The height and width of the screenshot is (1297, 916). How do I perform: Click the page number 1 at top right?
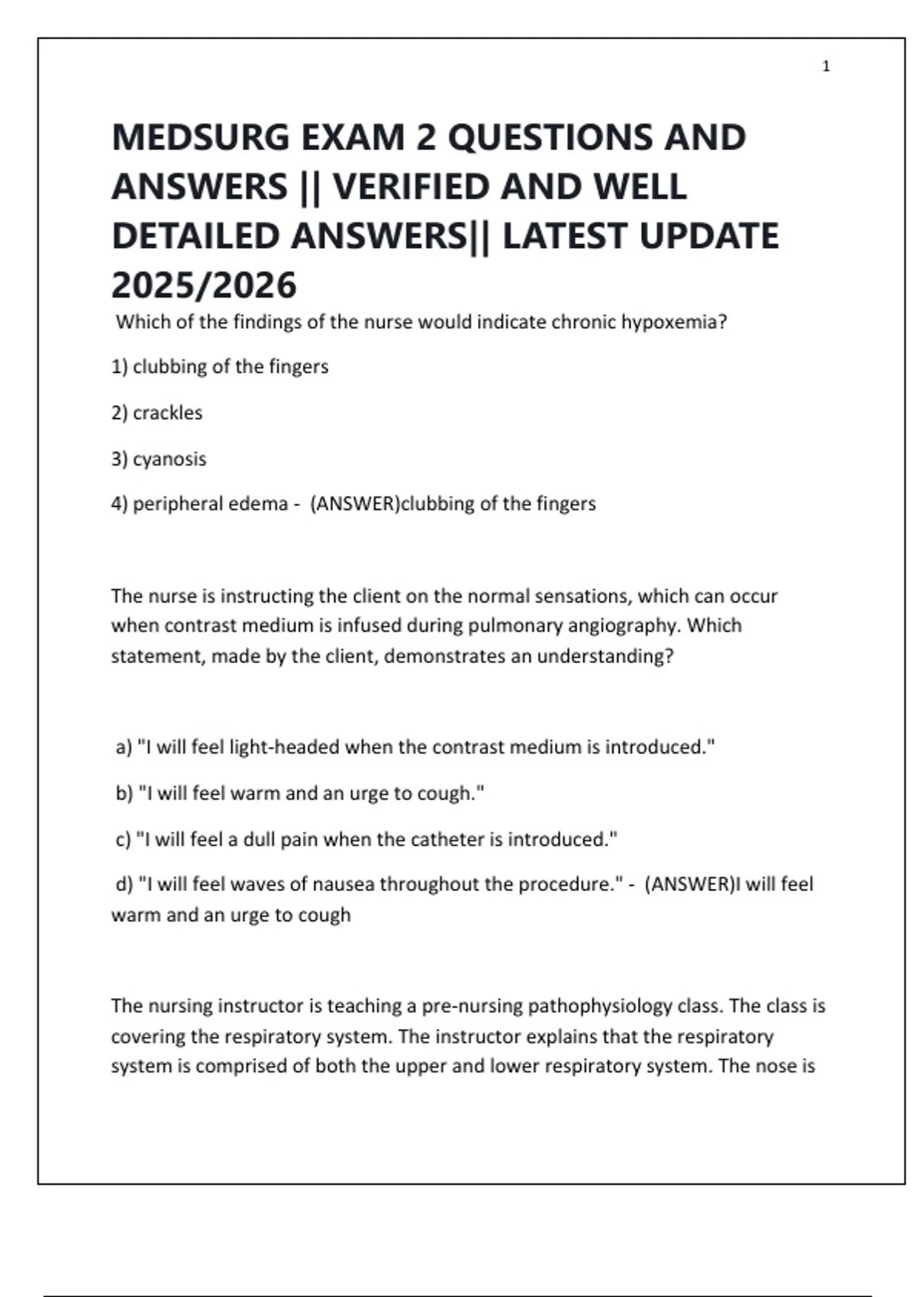(826, 66)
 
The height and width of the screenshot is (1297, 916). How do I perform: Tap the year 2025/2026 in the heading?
(204, 285)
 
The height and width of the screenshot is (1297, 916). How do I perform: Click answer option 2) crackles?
(156, 413)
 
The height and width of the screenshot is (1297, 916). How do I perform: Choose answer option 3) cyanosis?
(159, 459)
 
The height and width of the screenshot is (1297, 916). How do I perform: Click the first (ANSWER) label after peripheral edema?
(355, 504)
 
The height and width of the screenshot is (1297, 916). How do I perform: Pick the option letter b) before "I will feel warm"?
(124, 793)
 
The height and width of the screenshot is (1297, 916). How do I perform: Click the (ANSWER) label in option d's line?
(689, 884)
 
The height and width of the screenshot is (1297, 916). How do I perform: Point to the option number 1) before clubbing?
(119, 367)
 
